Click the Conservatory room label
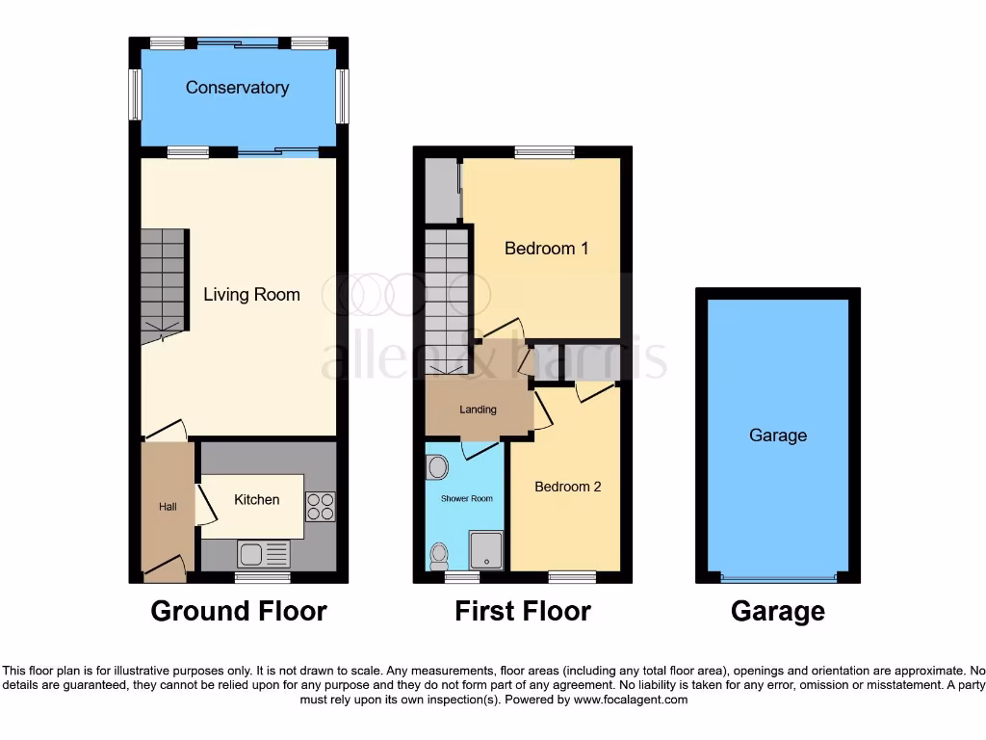pyautogui.click(x=237, y=88)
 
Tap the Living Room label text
pyautogui.click(x=251, y=295)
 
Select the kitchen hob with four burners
pyautogui.click(x=321, y=507)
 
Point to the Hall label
pyautogui.click(x=168, y=507)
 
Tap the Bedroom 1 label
pyautogui.click(x=546, y=249)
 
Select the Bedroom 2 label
pyautogui.click(x=567, y=487)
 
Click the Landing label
pyautogui.click(x=478, y=410)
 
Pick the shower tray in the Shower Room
pyautogui.click(x=485, y=549)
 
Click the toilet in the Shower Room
pyautogui.click(x=439, y=554)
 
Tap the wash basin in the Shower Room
pyautogui.click(x=437, y=468)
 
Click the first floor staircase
pyautogui.click(x=446, y=299)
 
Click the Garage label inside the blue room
pyautogui.click(x=777, y=436)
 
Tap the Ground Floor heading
pyautogui.click(x=239, y=611)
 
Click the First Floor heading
pyautogui.click(x=522, y=611)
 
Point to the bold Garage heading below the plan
pyautogui.click(x=777, y=611)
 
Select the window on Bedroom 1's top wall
pyautogui.click(x=544, y=151)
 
